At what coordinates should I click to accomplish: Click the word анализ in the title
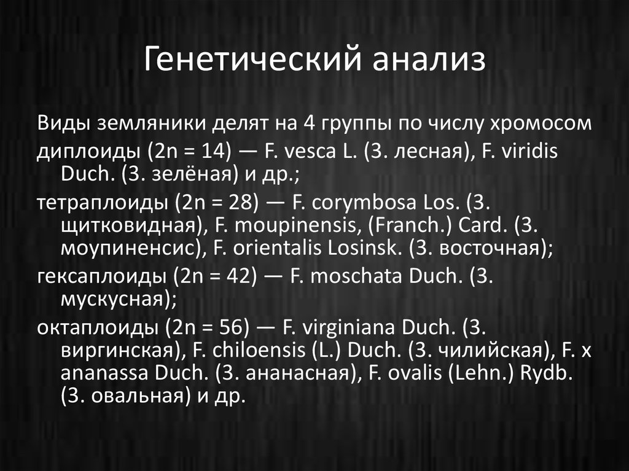(428, 61)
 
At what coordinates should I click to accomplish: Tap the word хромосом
(541, 123)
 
